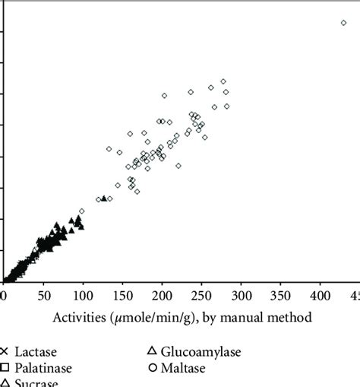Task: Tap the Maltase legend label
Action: coord(183,367)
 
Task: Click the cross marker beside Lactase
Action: coord(5,352)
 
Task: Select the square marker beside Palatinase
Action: coord(5,368)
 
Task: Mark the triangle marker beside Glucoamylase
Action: coord(152,351)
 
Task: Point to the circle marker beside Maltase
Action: coord(152,367)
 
